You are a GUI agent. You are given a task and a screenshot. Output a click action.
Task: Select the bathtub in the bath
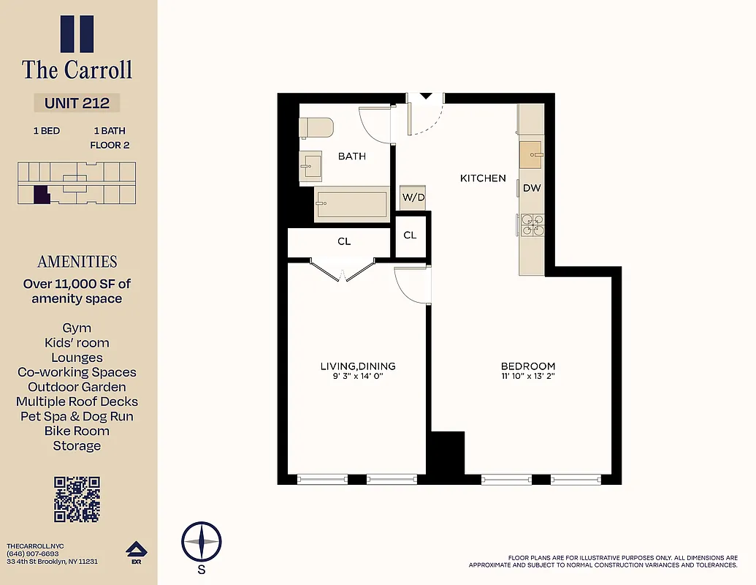[x=351, y=205]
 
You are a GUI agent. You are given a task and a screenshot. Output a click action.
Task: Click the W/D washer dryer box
[x=413, y=197]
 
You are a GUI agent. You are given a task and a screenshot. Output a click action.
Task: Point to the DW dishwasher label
[x=532, y=188]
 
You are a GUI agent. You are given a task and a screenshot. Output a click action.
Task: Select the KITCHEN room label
[x=482, y=178]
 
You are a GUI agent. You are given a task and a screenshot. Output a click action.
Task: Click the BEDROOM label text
[x=527, y=366]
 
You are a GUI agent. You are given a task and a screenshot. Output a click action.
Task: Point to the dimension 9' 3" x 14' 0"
[x=357, y=377]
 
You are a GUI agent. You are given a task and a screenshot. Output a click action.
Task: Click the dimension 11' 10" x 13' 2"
[x=527, y=377]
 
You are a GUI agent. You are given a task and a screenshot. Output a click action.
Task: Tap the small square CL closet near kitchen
[x=410, y=235]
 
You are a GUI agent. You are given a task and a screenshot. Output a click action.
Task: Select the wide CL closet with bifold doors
[x=344, y=241]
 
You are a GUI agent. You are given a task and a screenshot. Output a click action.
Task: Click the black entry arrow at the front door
[x=425, y=97]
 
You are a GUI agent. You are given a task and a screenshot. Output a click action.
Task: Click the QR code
[x=77, y=499]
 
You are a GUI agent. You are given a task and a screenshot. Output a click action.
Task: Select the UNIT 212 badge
[x=77, y=103]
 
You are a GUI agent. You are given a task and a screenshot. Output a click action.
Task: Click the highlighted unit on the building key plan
[x=42, y=195]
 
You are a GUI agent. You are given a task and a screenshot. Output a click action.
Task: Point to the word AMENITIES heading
[x=77, y=262]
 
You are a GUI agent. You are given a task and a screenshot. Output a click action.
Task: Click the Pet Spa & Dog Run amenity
[x=77, y=416]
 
